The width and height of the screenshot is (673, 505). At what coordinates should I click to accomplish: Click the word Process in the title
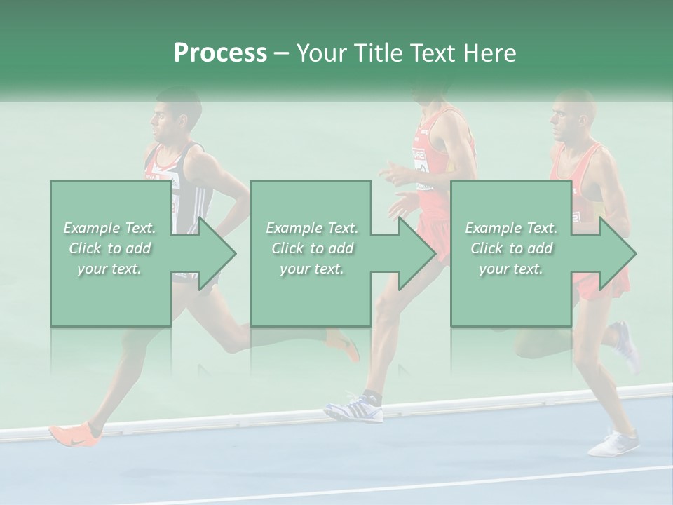click(220, 53)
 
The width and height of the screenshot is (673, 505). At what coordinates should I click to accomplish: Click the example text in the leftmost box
click(109, 248)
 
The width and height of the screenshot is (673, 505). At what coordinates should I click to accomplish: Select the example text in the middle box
click(312, 248)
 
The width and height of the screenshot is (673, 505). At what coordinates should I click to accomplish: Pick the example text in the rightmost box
click(511, 248)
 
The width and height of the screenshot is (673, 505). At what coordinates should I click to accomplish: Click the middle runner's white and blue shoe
click(354, 408)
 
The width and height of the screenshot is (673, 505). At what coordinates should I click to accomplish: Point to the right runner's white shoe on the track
click(614, 443)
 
